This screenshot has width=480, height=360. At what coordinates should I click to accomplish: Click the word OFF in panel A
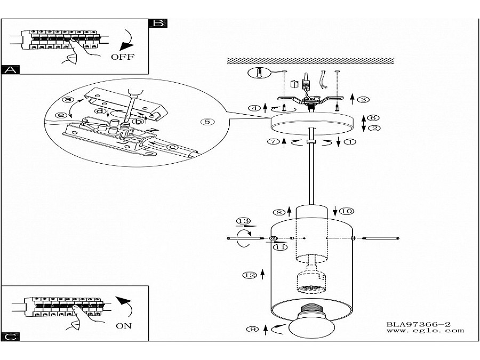[123, 57]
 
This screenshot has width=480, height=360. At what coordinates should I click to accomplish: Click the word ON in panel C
[124, 326]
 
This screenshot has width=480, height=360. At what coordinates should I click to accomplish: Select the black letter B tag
[158, 23]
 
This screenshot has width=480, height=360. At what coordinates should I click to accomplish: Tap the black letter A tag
[11, 70]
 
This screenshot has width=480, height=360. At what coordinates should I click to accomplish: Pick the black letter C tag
[11, 337]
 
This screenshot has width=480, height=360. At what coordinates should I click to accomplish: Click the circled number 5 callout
[207, 122]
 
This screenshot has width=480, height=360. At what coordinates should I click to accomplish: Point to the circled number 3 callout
[363, 100]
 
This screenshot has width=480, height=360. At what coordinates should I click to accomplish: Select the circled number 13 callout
[243, 221]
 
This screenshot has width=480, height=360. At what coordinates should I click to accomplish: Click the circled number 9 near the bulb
[253, 330]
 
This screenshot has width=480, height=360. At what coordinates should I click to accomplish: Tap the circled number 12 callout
[250, 275]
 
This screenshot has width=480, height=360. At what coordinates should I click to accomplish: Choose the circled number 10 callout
[347, 211]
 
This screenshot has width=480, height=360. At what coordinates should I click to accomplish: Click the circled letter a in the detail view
[68, 100]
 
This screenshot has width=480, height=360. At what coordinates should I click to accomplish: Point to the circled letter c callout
[172, 147]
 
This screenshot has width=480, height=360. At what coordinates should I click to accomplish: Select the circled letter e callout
[61, 115]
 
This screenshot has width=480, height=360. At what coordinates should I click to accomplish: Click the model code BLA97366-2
[419, 324]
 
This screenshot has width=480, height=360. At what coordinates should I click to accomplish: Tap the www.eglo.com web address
[425, 331]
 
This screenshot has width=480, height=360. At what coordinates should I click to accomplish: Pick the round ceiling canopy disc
[312, 123]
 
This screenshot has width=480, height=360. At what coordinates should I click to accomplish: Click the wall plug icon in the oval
[259, 73]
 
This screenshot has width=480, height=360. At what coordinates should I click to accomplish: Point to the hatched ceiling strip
[310, 61]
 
